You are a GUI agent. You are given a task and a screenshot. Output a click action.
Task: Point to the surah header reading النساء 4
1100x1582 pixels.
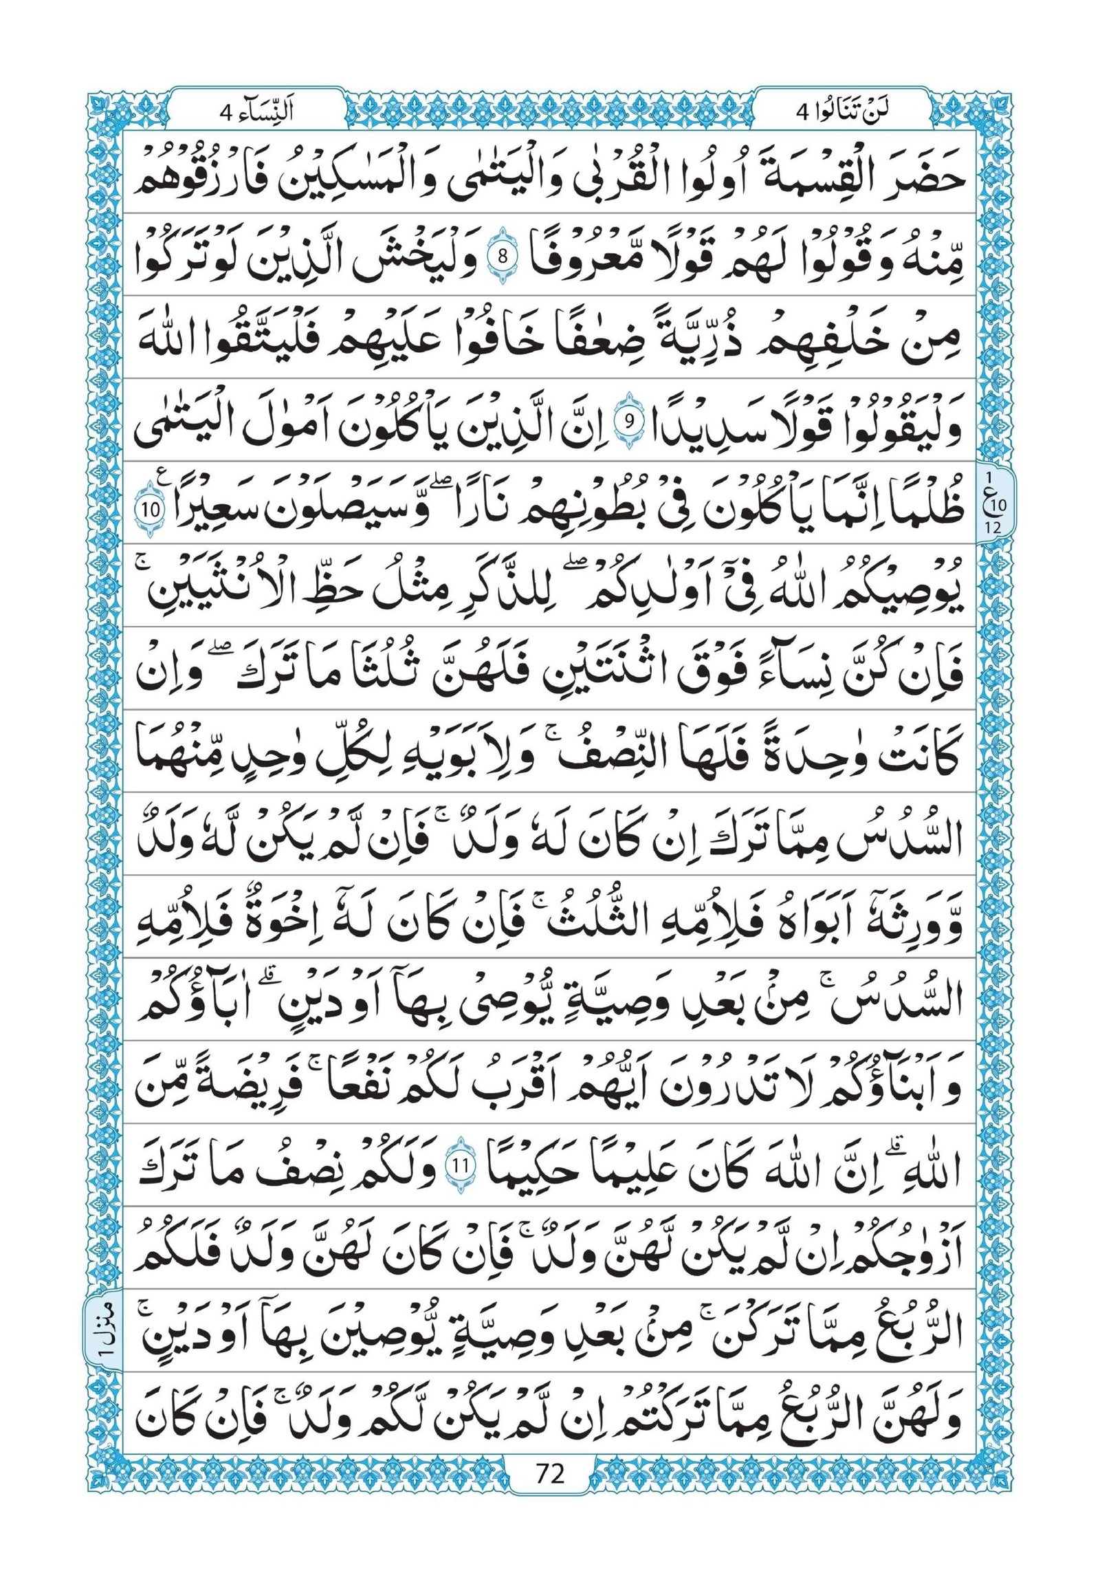click(256, 111)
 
